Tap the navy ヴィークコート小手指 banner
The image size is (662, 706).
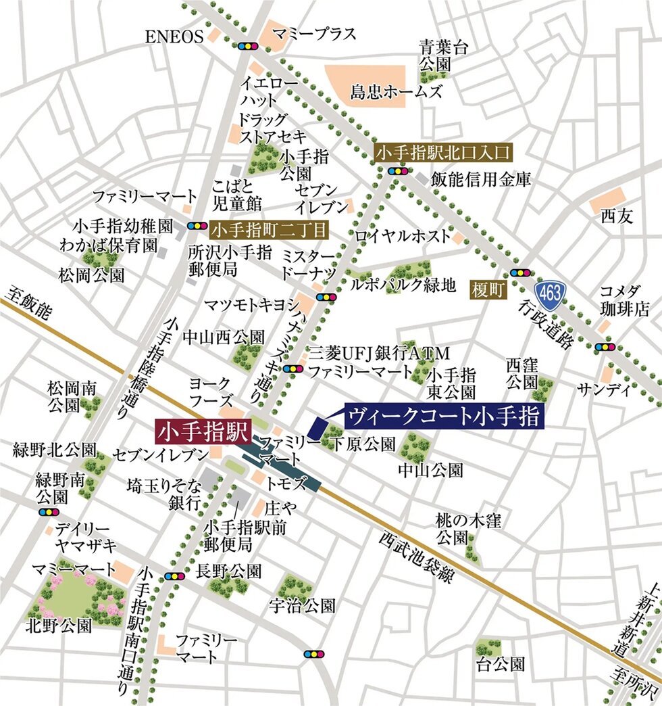point(444,416)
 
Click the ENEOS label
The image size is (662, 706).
point(174,38)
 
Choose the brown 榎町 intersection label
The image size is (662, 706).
point(488,292)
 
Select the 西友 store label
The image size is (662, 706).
point(615,217)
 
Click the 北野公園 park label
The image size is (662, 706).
point(59,626)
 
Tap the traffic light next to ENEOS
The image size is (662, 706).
point(247,46)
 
